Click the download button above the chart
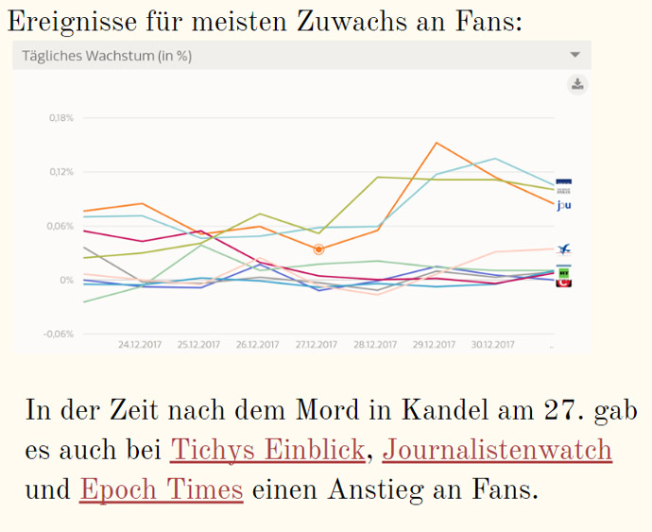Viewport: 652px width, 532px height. (x=577, y=85)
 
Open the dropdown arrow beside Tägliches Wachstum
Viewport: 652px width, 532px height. (x=575, y=55)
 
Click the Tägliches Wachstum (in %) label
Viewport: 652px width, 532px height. (x=107, y=56)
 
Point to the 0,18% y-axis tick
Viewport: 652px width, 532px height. (x=60, y=118)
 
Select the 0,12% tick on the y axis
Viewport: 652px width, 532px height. (x=60, y=172)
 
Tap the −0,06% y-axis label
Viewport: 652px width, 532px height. (x=59, y=334)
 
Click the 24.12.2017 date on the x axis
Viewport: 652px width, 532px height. (x=140, y=345)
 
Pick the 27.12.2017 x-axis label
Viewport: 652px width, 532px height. (x=316, y=345)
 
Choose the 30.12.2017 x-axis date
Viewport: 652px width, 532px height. (x=491, y=345)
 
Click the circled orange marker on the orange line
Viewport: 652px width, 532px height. (x=318, y=249)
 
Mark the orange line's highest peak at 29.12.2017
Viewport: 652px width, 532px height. (x=436, y=143)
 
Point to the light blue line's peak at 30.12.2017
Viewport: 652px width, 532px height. (x=495, y=159)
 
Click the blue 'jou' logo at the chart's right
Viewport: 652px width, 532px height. (x=564, y=205)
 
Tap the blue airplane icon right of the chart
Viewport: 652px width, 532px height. (x=564, y=249)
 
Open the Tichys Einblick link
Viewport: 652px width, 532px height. (x=266, y=451)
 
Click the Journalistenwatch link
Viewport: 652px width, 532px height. (x=497, y=451)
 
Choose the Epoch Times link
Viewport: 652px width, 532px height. (x=162, y=490)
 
